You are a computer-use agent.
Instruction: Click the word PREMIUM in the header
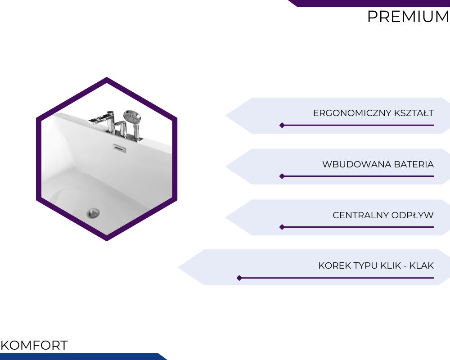408,17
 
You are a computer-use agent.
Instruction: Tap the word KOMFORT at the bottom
34,345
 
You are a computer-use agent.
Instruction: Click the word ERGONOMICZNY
352,113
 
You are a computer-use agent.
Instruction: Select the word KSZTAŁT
414,113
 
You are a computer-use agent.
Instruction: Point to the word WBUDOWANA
357,164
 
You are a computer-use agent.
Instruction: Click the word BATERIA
414,164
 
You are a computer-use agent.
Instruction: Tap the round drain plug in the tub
93,213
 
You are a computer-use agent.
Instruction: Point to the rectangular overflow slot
119,148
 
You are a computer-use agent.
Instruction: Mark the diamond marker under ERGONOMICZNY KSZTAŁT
282,125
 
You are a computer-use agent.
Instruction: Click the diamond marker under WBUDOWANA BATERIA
282,176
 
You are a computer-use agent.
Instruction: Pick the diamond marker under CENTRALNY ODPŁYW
282,227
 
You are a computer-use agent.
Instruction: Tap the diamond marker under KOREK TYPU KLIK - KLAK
239,278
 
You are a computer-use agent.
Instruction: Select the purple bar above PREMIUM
370,4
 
